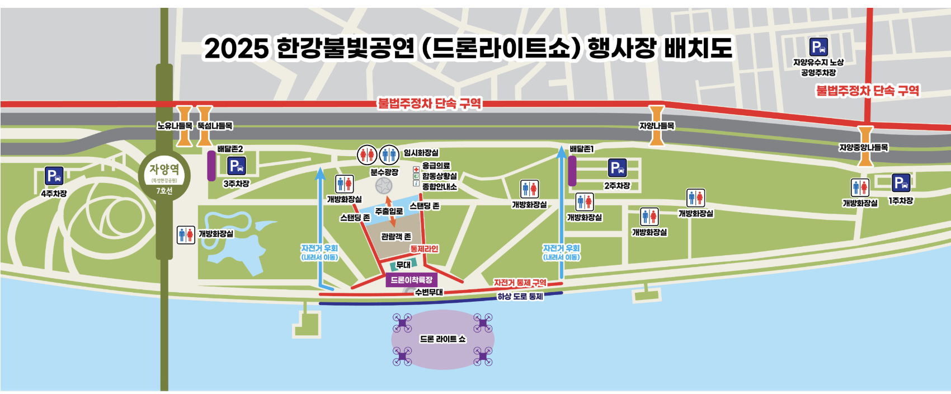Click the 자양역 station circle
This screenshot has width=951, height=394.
coord(164,176)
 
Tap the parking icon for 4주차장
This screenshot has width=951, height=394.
coord(54,176)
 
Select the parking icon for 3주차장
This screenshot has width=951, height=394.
coord(236,166)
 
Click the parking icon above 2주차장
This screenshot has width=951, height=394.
coord(617,168)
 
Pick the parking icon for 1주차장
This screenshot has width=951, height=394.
coord(901,183)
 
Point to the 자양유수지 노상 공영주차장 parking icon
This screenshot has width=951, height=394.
coord(818,47)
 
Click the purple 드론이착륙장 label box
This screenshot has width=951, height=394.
coord(411,280)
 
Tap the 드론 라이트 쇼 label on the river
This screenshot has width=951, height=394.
coord(442,339)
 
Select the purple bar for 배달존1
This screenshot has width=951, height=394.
coord(572,171)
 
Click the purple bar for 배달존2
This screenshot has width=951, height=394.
coord(211,166)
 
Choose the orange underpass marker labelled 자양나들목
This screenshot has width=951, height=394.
coord(656,125)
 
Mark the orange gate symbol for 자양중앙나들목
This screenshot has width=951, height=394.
coord(865,146)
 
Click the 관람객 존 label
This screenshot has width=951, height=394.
coord(396,237)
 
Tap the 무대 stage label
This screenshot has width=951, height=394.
coord(403,265)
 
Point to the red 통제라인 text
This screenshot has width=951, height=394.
coord(424,248)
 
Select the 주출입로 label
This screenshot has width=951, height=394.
coord(389,211)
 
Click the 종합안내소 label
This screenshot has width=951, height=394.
coord(439,186)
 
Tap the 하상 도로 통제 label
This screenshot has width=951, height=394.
coord(520,297)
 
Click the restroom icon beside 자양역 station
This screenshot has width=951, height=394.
coord(186,234)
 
